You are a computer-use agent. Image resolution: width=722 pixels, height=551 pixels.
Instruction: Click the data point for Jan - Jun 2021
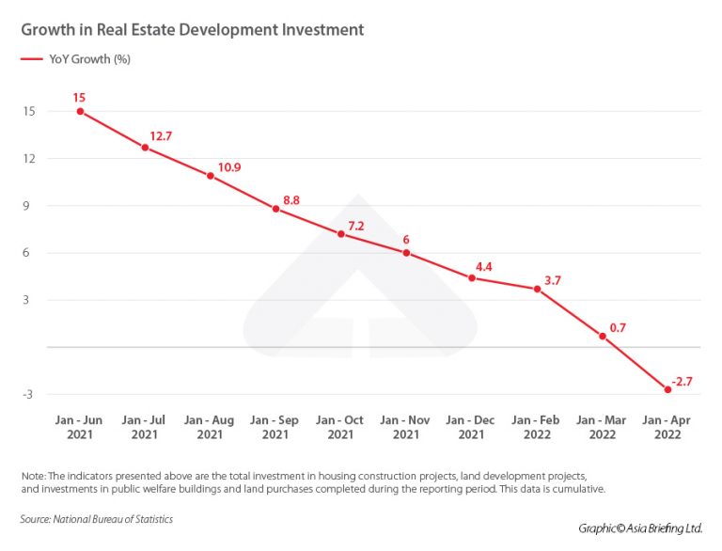click(80, 111)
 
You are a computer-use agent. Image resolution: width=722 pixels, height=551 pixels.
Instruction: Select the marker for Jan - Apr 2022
click(667, 389)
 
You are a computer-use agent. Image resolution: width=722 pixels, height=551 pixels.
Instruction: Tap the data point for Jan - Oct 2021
click(341, 233)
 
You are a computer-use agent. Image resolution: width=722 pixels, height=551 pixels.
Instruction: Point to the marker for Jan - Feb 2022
click(537, 289)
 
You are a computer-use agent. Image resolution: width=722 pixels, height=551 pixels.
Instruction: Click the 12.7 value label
click(161, 136)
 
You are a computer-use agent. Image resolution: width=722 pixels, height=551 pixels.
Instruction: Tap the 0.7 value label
click(618, 327)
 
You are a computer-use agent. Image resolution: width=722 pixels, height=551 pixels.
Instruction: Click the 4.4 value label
click(484, 267)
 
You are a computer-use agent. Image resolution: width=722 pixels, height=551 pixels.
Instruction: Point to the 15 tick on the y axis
click(29, 111)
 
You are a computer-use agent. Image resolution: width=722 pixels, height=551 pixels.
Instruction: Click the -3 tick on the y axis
click(29, 394)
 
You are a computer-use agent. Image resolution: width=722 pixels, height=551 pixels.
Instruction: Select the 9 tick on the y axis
click(31, 205)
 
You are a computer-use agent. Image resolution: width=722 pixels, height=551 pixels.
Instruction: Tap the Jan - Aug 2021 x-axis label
click(210, 427)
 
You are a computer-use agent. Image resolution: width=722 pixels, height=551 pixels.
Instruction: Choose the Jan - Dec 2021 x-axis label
click(471, 427)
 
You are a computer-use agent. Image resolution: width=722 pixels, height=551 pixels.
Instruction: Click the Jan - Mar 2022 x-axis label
click(602, 427)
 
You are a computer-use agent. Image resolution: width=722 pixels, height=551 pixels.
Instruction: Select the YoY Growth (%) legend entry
click(89, 60)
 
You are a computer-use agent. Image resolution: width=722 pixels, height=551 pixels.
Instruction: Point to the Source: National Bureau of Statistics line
click(97, 519)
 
